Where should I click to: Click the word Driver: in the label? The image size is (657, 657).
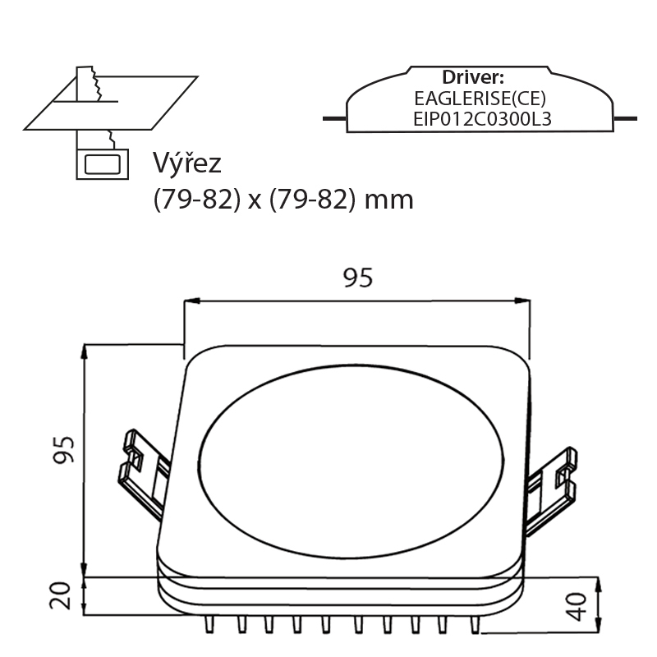point(473,77)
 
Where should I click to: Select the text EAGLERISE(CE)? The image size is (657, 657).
point(480,99)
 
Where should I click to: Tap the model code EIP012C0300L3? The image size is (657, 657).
point(482,119)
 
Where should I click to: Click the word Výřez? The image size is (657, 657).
point(186,163)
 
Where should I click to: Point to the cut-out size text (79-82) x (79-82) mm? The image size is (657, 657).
point(283,200)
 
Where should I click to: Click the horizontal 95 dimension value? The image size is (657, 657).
point(358,278)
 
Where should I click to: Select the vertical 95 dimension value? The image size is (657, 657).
point(63,449)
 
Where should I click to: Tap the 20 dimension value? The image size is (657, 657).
point(60,595)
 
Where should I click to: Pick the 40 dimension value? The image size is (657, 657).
point(577,606)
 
